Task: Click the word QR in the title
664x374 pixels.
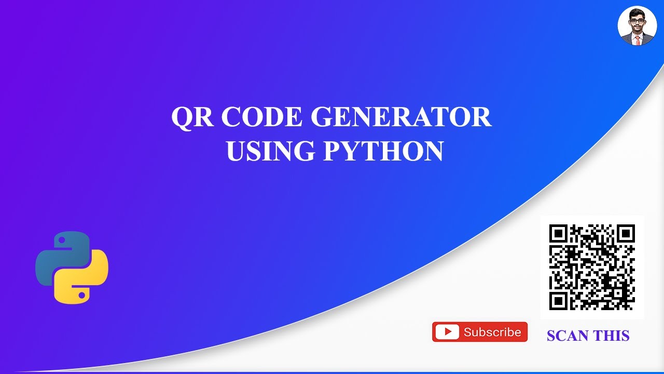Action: tap(192, 117)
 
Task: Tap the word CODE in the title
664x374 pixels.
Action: tap(262, 117)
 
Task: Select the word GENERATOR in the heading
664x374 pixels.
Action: tap(401, 117)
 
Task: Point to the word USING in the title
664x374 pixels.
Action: tap(270, 151)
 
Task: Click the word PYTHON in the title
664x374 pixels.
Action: tap(383, 151)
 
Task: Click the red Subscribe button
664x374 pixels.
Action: tap(480, 332)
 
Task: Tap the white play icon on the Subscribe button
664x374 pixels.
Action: tap(447, 332)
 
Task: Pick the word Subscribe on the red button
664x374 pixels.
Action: tap(492, 332)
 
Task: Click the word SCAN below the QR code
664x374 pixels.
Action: tap(569, 336)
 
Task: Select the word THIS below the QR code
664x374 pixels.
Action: tap(612, 336)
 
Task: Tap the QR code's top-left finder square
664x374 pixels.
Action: tap(558, 234)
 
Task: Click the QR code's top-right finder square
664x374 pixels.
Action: tap(626, 234)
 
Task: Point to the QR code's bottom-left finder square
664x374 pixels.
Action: tap(558, 301)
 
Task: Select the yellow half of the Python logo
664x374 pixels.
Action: tap(86, 280)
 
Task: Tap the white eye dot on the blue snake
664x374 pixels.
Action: tap(62, 241)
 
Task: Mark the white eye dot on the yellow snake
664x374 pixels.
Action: tap(81, 295)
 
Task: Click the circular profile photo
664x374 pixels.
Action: tap(637, 26)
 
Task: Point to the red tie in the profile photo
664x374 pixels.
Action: tap(637, 39)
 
